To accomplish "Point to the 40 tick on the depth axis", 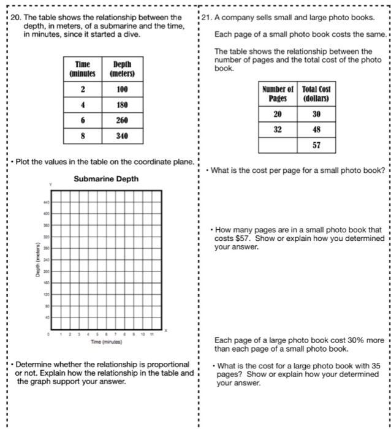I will [x=45, y=318].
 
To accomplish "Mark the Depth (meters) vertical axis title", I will [x=37, y=259].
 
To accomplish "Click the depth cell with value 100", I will [x=121, y=89].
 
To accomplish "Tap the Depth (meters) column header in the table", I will [x=121, y=69].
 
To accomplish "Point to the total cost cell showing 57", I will [x=316, y=146].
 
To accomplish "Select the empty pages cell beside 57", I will [x=278, y=146].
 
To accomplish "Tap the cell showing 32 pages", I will [x=278, y=130].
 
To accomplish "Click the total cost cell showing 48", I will [x=316, y=130].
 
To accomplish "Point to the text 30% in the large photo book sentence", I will [x=357, y=341].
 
